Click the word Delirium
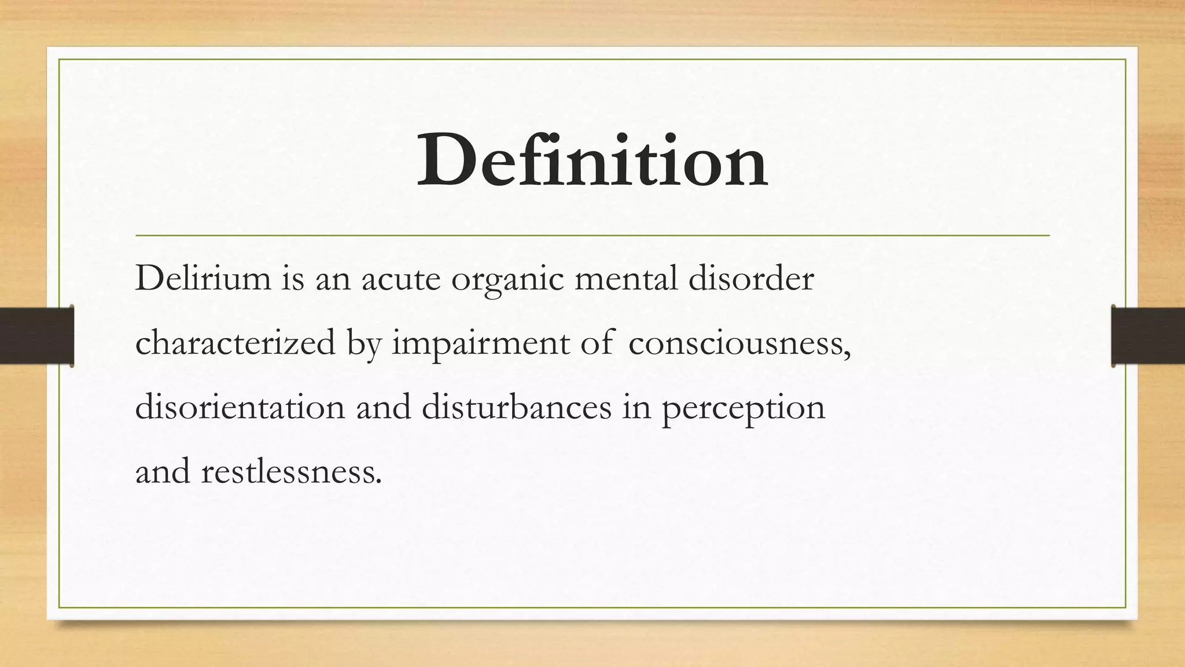[203, 278]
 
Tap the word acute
[400, 279]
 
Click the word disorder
[751, 278]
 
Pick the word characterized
[235, 342]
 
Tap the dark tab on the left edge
[36, 336]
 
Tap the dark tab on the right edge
[1148, 336]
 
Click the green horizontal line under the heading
[592, 236]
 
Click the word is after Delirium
[293, 278]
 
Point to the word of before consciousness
[597, 342]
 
